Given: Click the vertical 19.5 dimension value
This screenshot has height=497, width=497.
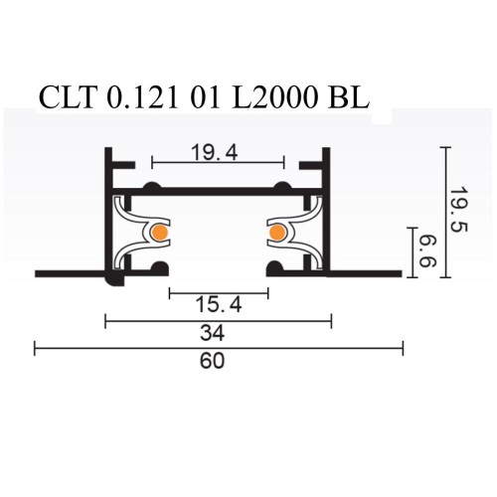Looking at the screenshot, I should click(x=456, y=213).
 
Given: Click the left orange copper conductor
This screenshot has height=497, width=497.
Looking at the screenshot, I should click(x=159, y=234).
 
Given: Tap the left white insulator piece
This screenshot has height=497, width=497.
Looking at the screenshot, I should click(x=132, y=233).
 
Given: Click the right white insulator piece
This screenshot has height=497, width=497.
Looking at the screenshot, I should click(x=304, y=233).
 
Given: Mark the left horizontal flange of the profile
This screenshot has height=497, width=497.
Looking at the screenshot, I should click(x=70, y=272).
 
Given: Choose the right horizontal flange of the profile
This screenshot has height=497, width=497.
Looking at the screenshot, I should click(x=368, y=272).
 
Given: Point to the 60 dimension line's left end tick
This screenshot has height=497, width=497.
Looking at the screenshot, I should click(x=35, y=348).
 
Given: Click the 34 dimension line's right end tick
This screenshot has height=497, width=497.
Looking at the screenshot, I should click(x=331, y=320).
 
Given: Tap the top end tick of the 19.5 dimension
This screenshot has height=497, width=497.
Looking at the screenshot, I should click(x=445, y=147).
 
